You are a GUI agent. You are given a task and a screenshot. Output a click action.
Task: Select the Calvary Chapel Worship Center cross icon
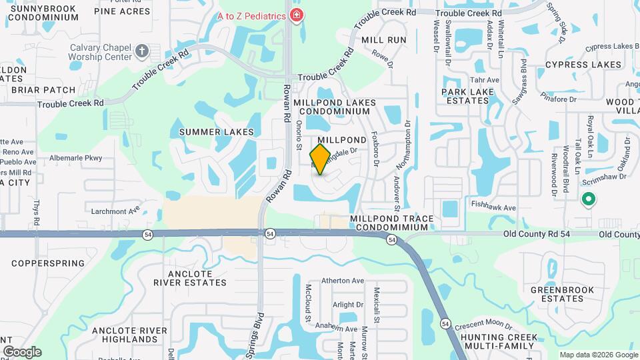pyautogui.click(x=141, y=51)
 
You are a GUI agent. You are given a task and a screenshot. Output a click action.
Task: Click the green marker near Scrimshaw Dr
pyautogui.click(x=589, y=199)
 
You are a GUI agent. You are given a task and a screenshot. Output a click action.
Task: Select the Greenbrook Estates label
pyautogui.click(x=557, y=294)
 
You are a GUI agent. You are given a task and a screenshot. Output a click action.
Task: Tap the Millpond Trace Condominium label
pyautogui.click(x=392, y=223)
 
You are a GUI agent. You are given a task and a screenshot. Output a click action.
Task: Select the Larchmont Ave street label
pyautogui.click(x=116, y=211)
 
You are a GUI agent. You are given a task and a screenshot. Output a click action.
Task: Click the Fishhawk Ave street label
pyautogui.click(x=493, y=208)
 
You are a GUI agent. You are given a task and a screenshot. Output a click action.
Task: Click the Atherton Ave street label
pyautogui.click(x=343, y=281)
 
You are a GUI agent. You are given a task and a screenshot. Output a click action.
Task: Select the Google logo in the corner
pyautogui.click(x=22, y=352)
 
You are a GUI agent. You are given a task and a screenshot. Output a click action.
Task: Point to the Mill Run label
pyautogui.click(x=383, y=40)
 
